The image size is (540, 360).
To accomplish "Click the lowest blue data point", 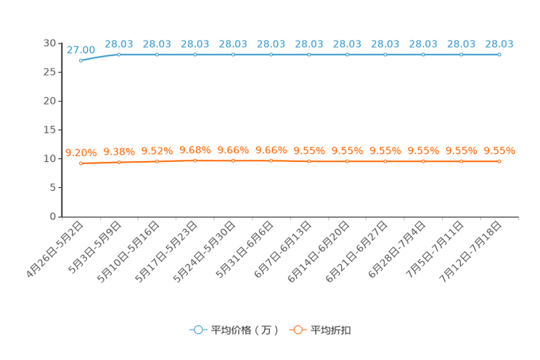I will tap(81, 60).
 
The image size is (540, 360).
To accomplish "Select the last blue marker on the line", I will tap(499, 54).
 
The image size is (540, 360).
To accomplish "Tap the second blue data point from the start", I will tap(119, 54).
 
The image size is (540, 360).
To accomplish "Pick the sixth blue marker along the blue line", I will tap(271, 54).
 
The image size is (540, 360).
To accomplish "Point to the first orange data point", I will tap(81, 163).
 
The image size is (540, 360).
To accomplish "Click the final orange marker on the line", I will tap(499, 160).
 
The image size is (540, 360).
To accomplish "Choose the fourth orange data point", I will tap(195, 160).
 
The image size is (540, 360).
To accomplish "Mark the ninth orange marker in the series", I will tap(385, 160).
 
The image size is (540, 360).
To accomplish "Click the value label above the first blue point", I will tap(81, 49).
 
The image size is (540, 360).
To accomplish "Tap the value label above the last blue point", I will tap(499, 44).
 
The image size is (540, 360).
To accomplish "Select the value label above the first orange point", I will tap(81, 152).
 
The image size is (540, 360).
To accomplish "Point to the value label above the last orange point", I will tap(499, 150).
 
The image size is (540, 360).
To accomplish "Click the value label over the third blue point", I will tap(157, 44).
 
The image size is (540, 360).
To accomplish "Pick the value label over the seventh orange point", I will tap(309, 150).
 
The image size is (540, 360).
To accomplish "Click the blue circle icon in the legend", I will tap(197, 330).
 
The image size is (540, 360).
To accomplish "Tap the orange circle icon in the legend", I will tap(296, 330).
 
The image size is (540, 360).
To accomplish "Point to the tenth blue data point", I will tap(423, 54).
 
